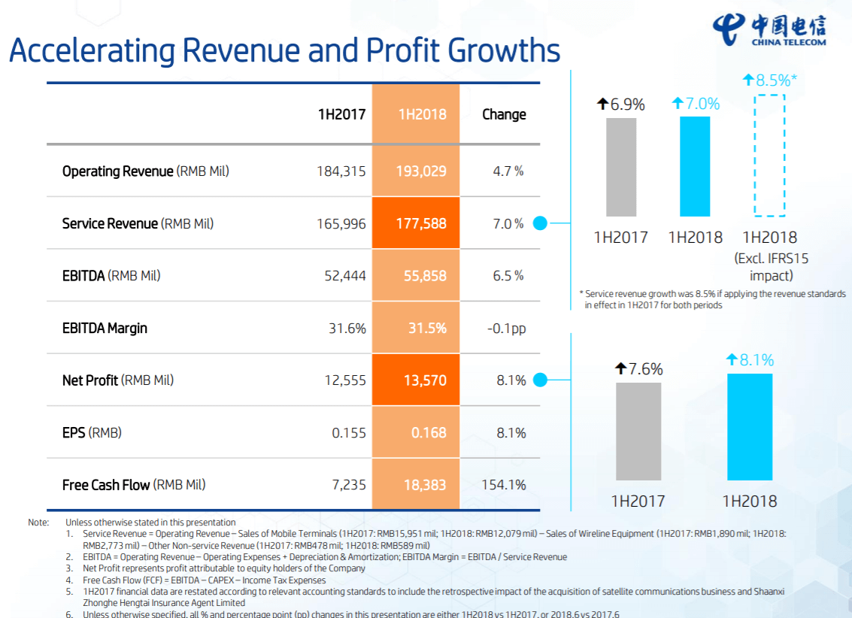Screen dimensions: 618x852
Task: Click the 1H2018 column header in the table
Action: click(422, 114)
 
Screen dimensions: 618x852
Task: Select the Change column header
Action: click(504, 114)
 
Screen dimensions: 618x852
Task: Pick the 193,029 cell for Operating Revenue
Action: click(421, 171)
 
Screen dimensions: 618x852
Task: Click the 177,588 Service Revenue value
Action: click(421, 223)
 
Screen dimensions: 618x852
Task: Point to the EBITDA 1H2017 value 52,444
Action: click(345, 276)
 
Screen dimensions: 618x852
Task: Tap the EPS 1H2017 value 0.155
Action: click(349, 433)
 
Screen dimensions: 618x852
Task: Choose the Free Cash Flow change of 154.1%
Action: click(504, 485)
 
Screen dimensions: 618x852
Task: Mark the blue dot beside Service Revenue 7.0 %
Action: click(540, 223)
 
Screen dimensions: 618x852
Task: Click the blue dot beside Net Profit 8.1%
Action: click(540, 380)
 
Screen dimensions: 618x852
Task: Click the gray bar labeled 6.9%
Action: click(620, 167)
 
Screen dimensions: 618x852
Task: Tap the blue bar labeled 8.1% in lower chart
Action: click(750, 426)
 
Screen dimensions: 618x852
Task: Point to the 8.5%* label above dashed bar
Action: click(770, 80)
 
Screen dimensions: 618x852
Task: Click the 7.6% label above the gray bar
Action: click(638, 369)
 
